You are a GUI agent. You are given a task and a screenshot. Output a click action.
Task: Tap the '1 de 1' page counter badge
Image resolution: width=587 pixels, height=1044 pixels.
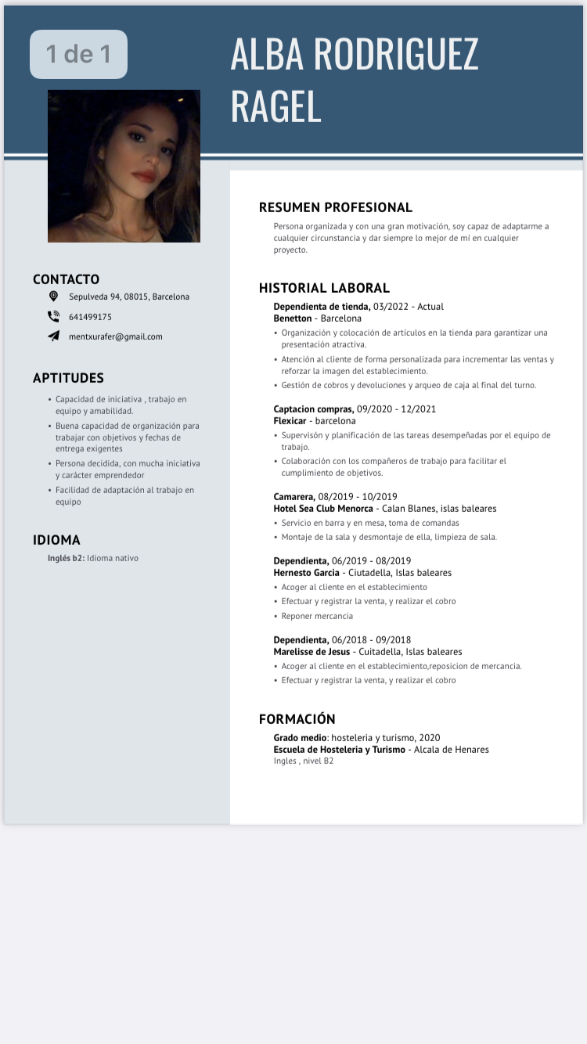pyautogui.click(x=78, y=54)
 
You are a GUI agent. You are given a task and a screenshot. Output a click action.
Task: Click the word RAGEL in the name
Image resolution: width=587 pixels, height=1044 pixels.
pyautogui.click(x=275, y=107)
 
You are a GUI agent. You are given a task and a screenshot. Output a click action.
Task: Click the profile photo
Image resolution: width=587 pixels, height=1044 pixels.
pyautogui.click(x=124, y=166)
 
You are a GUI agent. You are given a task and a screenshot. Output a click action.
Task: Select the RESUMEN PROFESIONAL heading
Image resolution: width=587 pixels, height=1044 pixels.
pyautogui.click(x=335, y=207)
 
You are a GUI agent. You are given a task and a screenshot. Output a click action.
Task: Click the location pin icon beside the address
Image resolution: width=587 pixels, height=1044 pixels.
pyautogui.click(x=53, y=297)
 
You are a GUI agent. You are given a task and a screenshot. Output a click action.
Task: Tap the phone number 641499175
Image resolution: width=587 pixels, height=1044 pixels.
pyautogui.click(x=90, y=317)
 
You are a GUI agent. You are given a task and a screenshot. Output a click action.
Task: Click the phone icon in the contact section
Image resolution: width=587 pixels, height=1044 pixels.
pyautogui.click(x=53, y=317)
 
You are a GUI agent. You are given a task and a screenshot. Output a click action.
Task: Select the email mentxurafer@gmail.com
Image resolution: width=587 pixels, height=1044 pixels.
pyautogui.click(x=116, y=337)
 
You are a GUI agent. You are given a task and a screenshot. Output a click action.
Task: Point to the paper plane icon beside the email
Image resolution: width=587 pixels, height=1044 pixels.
pyautogui.click(x=53, y=337)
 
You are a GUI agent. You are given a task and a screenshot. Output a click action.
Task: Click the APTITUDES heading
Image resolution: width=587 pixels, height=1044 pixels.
pyautogui.click(x=68, y=378)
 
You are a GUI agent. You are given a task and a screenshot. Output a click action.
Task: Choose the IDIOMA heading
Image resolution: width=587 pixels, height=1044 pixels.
pyautogui.click(x=56, y=540)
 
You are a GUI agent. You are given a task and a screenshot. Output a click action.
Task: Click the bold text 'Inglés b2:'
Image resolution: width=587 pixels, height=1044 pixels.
pyautogui.click(x=66, y=558)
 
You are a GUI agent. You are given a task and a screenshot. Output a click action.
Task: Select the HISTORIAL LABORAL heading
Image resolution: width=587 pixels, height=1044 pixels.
pyautogui.click(x=324, y=288)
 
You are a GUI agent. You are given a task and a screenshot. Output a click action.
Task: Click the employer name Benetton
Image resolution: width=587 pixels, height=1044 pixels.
pyautogui.click(x=292, y=319)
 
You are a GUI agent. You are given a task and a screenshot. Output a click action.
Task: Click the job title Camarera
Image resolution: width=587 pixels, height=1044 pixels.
pyautogui.click(x=294, y=497)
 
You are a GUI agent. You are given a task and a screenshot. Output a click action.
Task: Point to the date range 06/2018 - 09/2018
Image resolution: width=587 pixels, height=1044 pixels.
pyautogui.click(x=371, y=639)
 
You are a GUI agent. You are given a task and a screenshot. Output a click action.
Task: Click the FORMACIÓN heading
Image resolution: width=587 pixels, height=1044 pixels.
pyautogui.click(x=297, y=719)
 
